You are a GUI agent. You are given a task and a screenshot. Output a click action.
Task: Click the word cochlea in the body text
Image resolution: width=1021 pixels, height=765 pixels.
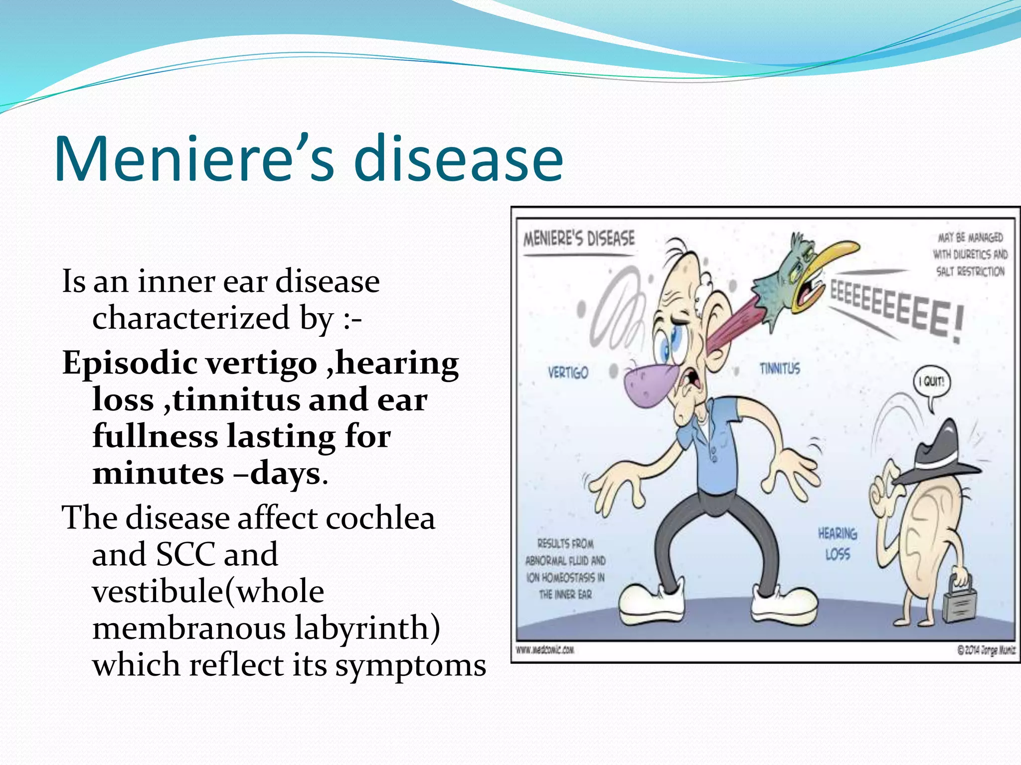click(x=380, y=518)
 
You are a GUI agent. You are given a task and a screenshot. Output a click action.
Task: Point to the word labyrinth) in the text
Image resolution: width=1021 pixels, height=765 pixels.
click(x=367, y=628)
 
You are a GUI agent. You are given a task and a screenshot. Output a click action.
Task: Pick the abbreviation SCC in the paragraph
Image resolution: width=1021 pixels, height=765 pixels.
click(x=184, y=554)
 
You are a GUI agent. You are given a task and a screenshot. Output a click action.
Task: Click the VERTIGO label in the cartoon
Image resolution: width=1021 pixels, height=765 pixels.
click(x=568, y=373)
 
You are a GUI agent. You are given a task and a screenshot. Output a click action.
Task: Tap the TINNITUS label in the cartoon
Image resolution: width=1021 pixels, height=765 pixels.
click(x=780, y=369)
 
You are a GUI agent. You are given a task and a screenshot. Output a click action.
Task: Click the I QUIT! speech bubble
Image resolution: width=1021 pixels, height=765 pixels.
click(x=932, y=382)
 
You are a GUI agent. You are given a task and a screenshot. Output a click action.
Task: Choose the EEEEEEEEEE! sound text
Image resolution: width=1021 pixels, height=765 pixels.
click(x=895, y=309)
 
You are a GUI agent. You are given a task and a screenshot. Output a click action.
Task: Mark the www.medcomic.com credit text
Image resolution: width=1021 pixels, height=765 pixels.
click(x=544, y=650)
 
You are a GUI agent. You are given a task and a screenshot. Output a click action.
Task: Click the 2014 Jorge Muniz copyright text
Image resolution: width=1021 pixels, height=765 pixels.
click(x=986, y=650)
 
